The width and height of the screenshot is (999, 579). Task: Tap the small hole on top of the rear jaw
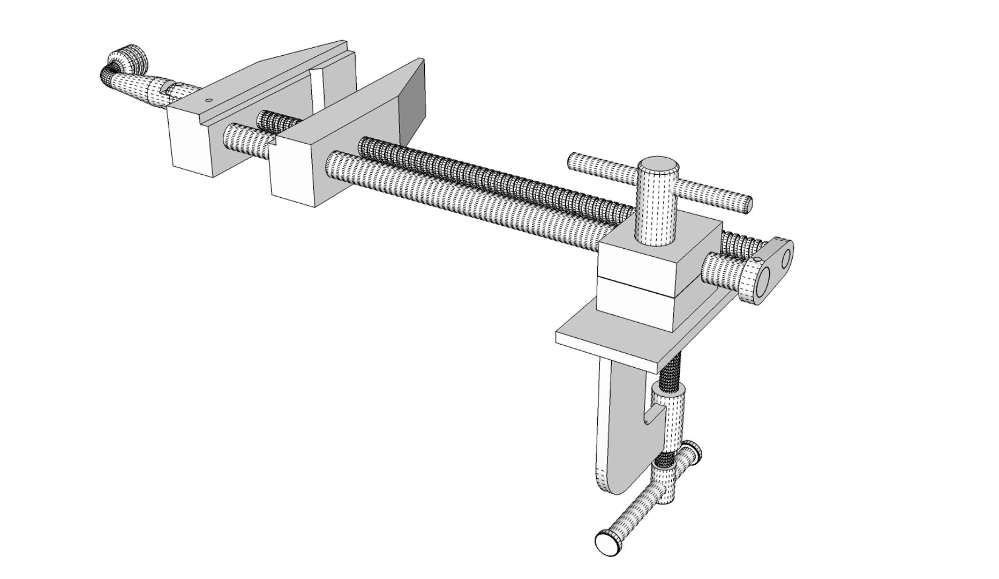(x=209, y=100)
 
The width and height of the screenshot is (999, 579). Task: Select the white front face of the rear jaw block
(x=189, y=141)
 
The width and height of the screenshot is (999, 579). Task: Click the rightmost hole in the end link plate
(x=786, y=259)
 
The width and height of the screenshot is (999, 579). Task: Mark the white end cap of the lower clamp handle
(x=606, y=544)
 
